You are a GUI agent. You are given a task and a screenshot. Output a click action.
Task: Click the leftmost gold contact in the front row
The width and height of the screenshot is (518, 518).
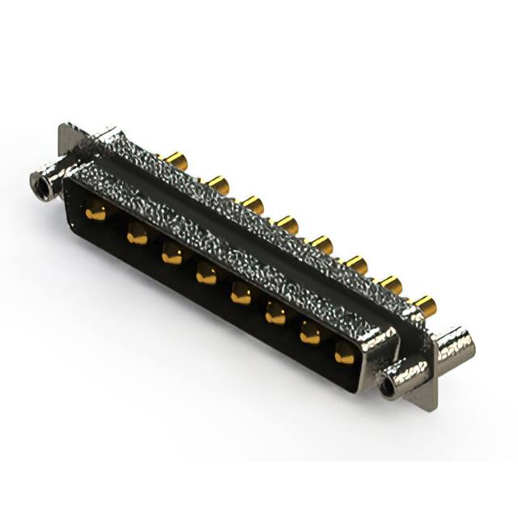coord(96,214)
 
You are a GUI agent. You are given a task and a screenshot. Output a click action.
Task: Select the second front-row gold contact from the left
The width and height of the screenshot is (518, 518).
coord(137,236)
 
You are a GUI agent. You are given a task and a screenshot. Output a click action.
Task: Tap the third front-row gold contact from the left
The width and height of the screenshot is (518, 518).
coord(172,256)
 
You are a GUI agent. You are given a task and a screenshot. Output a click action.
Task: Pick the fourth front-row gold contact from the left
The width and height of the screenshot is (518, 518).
coord(206,275)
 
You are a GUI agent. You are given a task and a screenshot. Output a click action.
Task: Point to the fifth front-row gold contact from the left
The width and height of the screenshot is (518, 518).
coord(241,295)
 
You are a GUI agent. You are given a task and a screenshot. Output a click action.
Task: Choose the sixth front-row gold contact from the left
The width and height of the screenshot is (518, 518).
coord(276,315)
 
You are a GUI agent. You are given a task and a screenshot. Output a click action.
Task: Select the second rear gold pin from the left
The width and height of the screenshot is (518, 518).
coord(217,185)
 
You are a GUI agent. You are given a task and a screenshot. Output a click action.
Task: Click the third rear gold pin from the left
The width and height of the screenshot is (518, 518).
coord(252,204)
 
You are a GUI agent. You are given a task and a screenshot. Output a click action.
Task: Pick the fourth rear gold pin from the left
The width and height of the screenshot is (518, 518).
coord(287,223)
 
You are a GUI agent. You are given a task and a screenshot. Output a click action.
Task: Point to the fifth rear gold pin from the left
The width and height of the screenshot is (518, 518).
coord(322,244)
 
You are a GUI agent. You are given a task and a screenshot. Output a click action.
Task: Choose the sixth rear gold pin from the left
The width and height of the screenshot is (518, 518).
coord(356,263)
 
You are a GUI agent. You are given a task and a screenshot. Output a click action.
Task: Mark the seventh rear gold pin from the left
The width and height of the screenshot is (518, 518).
coord(391,283)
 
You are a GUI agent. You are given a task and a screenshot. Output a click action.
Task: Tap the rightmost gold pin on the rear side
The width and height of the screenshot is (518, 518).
coord(425,304)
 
